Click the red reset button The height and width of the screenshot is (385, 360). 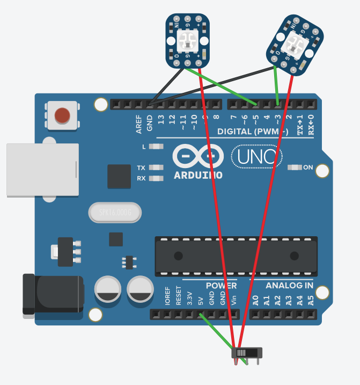click(62, 115)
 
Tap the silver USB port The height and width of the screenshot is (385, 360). click(42, 170)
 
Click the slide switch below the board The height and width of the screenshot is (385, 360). click(247, 353)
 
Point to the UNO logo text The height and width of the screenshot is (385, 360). click(256, 157)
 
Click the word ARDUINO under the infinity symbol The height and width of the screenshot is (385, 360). click(198, 175)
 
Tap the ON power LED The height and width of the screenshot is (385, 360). click(295, 168)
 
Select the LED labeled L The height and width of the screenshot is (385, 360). click(156, 146)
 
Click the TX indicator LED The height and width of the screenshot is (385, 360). click(156, 168)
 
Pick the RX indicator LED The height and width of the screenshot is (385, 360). click(156, 178)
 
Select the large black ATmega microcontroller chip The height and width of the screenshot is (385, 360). click(236, 256)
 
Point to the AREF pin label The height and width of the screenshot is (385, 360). click(139, 124)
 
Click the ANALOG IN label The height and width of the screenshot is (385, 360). click(289, 286)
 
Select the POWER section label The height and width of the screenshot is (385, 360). click(221, 286)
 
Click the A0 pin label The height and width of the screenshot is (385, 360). click(255, 300)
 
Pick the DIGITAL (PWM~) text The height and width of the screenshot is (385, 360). click(253, 132)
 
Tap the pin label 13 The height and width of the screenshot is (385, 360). click(160, 119)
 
